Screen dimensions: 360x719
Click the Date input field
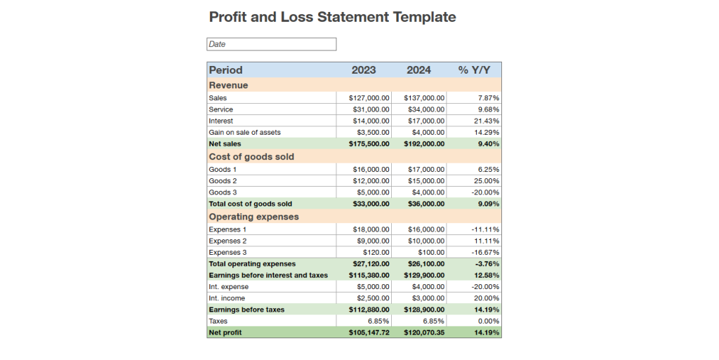click(271, 44)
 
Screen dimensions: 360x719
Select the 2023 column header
click(364, 70)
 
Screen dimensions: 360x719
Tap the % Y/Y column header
click(474, 70)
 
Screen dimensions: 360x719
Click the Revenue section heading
click(228, 85)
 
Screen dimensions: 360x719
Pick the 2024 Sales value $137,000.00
click(426, 98)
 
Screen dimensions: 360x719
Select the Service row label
click(221, 109)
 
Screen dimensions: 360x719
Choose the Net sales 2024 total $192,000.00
click(424, 144)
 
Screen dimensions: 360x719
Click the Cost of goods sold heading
click(251, 156)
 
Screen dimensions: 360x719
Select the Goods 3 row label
click(223, 192)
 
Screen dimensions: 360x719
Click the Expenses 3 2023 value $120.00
click(376, 253)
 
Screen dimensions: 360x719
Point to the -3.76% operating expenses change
click(487, 264)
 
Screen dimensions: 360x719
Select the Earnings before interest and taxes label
click(268, 275)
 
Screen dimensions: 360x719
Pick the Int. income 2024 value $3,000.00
click(428, 298)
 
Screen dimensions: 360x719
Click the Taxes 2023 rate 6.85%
click(378, 321)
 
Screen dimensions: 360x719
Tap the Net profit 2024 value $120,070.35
click(424, 333)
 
